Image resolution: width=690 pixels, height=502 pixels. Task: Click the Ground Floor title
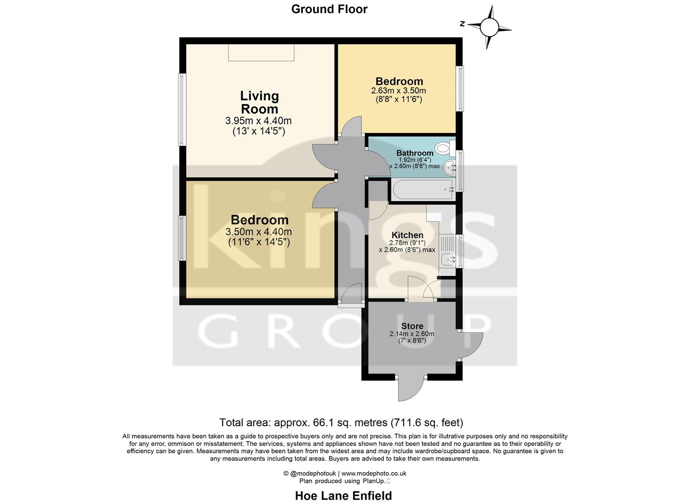pos(329,9)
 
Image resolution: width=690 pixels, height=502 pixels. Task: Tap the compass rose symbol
pos(488,26)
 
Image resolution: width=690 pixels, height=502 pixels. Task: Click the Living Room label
pos(259,102)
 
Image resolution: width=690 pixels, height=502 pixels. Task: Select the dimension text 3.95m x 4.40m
pos(258,121)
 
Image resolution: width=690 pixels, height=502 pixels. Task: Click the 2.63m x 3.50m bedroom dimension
pos(398,91)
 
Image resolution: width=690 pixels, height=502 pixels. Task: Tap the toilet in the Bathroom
pos(444,148)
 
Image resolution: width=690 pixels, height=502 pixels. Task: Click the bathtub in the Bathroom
pos(422,190)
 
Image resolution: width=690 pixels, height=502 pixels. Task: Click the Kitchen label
pos(407,235)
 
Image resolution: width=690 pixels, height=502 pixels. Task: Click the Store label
pos(412,326)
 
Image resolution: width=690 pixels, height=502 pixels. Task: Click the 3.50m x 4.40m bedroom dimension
pos(258,232)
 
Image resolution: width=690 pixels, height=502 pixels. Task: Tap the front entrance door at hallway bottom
pos(351,295)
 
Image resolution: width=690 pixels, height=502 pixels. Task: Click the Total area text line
pos(341,423)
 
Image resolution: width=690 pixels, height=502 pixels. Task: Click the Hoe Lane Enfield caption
pos(343,495)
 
